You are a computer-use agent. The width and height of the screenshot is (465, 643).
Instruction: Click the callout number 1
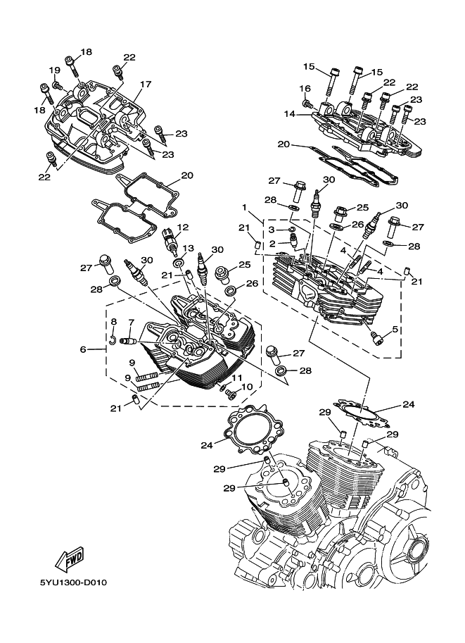(x=245, y=208)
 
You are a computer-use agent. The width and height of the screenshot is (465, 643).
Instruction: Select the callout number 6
(x=83, y=349)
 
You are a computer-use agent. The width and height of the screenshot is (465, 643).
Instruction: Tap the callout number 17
(x=145, y=85)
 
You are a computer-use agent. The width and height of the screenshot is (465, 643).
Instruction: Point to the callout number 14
(x=288, y=114)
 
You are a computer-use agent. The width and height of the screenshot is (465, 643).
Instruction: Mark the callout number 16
(x=305, y=89)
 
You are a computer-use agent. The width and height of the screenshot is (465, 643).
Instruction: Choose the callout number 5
(x=395, y=329)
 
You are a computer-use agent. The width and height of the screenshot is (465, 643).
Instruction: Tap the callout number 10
(x=246, y=387)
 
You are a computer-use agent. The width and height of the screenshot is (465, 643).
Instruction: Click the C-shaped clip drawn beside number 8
(x=113, y=342)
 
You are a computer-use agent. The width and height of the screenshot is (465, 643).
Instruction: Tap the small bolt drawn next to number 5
(x=378, y=339)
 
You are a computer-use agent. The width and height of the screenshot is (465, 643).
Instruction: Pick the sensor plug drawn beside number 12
(x=169, y=242)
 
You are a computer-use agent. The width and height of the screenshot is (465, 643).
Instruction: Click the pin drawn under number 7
(x=129, y=342)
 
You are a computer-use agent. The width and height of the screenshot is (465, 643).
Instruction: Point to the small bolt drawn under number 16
(x=307, y=104)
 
